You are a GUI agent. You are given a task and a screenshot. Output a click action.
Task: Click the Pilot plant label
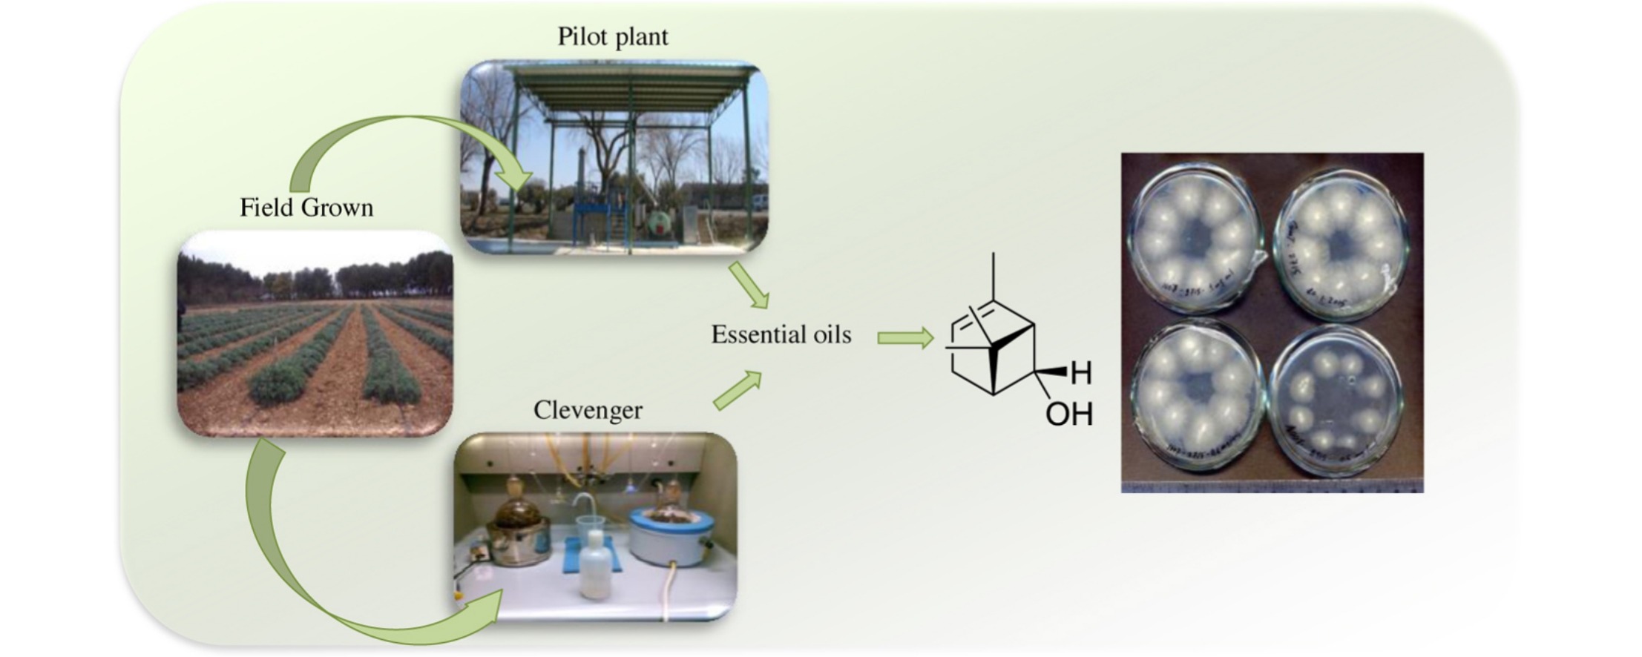613,36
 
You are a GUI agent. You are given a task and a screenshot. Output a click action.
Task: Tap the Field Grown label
306,207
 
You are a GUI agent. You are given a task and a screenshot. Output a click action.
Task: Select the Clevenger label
588,410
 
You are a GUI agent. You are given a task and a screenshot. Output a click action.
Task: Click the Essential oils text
781,334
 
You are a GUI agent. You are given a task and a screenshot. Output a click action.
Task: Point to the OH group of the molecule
1068,415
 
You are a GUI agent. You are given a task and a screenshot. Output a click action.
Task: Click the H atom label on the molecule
1081,373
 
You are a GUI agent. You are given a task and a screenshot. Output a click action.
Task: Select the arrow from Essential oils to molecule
904,338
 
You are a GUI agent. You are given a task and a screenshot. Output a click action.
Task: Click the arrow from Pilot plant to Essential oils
749,285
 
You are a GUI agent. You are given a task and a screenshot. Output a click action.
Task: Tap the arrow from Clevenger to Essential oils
738,391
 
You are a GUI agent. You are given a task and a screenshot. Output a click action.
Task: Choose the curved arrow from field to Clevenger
297,564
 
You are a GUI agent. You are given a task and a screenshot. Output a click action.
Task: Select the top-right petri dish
1339,242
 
